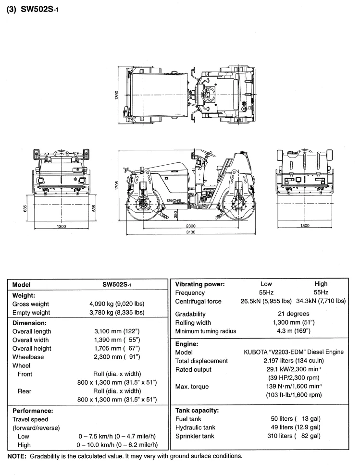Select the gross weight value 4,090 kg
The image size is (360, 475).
tap(117, 304)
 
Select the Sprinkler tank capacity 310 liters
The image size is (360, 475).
tap(295, 436)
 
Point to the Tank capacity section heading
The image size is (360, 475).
tap(198, 411)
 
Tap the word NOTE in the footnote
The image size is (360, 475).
tap(17, 456)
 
